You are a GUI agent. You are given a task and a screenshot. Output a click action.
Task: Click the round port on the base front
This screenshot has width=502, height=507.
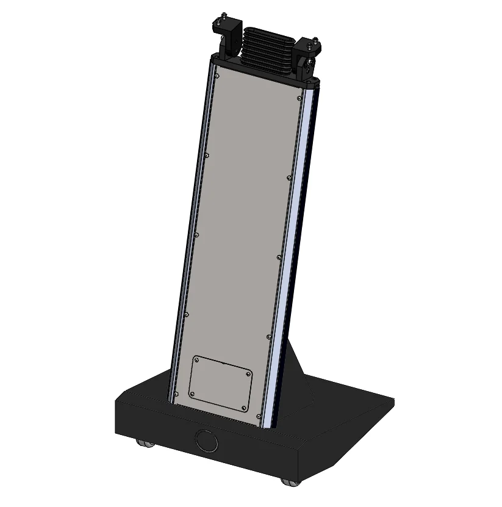tap(206, 440)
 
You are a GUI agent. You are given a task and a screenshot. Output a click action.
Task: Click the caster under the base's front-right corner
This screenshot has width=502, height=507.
tap(291, 482)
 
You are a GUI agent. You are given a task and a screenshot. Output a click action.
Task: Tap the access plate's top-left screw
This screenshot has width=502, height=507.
tap(197, 361)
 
